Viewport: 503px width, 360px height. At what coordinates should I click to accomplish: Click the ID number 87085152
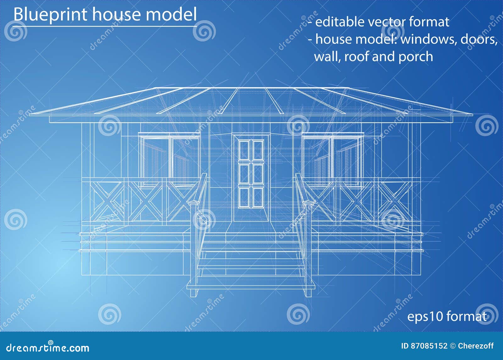pos(428,346)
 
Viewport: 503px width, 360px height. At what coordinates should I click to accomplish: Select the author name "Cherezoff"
pos(476,346)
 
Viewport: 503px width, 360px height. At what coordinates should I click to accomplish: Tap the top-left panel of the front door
pos(244,150)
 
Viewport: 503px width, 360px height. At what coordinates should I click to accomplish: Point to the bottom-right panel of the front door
pos(258,197)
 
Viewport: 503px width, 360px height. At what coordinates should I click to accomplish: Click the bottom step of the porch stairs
pos(251,286)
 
